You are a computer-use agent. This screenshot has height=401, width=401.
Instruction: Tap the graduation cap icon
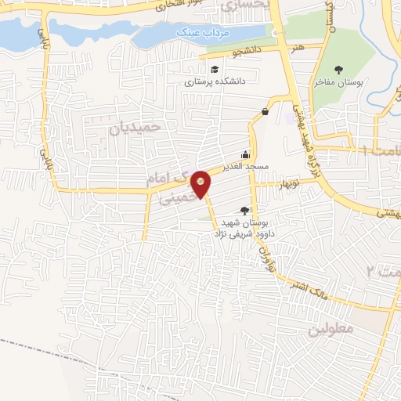(x=214, y=70)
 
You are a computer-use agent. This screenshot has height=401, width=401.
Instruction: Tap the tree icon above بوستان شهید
(x=245, y=210)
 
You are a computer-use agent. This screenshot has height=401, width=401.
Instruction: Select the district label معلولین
(x=331, y=328)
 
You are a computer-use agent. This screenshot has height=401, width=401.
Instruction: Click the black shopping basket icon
(x=266, y=111)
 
